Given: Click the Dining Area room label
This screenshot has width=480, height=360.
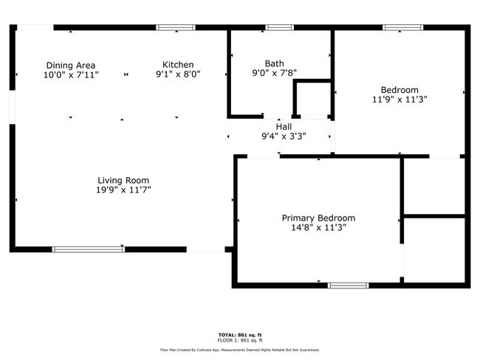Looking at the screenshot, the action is click(x=71, y=65).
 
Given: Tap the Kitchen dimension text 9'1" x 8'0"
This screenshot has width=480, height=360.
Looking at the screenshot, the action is click(x=178, y=74).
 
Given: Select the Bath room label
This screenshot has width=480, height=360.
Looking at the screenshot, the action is click(x=274, y=63).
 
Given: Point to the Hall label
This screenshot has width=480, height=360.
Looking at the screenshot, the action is click(x=284, y=127).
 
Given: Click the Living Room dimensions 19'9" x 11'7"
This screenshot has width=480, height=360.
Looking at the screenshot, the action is click(x=123, y=190).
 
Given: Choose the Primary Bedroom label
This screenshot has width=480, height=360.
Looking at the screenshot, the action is click(x=318, y=218).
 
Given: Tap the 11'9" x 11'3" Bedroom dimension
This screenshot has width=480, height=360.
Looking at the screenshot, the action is click(x=400, y=100).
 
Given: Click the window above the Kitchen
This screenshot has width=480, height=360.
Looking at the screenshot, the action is click(x=176, y=27).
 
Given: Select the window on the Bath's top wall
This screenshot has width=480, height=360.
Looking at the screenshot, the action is click(x=279, y=27).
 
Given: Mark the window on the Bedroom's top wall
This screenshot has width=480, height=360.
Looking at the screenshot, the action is click(x=403, y=27).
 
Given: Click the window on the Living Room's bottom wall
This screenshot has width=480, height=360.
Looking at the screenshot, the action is click(x=89, y=249).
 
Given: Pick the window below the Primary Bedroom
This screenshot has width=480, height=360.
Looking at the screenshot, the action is click(x=348, y=285).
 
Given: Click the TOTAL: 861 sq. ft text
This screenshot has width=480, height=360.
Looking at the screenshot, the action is click(x=240, y=335).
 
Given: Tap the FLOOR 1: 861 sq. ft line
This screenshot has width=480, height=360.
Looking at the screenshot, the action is click(x=240, y=340).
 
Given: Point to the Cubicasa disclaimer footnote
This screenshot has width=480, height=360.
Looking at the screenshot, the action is click(x=240, y=350).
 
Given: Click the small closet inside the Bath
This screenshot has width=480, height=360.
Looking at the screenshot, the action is click(x=312, y=99).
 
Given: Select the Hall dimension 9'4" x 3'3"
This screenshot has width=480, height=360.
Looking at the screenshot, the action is click(x=284, y=136).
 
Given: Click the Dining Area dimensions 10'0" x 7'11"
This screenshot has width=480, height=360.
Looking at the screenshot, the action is click(x=71, y=75).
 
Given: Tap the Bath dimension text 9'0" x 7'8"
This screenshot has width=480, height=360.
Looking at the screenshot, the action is click(x=274, y=73).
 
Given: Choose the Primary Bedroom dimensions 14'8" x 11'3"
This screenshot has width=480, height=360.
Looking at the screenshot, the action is click(x=318, y=227).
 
